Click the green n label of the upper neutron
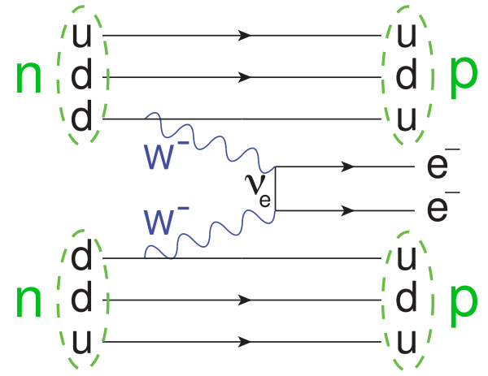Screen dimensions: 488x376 pos(28,77)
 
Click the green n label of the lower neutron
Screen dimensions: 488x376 pos(28,301)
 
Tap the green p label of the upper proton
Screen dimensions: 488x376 pos(464,78)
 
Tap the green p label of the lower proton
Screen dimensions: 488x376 pos(464,306)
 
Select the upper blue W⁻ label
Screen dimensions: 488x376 pos(166,155)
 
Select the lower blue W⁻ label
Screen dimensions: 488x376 pos(166,220)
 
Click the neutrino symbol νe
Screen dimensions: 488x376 pos(258,190)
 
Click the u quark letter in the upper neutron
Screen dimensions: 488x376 pos(82,36)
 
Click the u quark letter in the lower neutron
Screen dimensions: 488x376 pos(82,342)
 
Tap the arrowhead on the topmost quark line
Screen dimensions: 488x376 pos(245,36)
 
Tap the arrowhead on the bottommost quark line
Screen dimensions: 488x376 pos(245,342)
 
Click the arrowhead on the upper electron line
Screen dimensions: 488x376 pos(348,166)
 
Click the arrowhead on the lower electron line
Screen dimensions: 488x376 pos(348,210)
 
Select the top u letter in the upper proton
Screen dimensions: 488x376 pos(407,36)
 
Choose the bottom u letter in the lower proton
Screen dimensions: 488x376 pos(407,342)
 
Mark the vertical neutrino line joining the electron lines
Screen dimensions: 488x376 pos(276,188)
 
